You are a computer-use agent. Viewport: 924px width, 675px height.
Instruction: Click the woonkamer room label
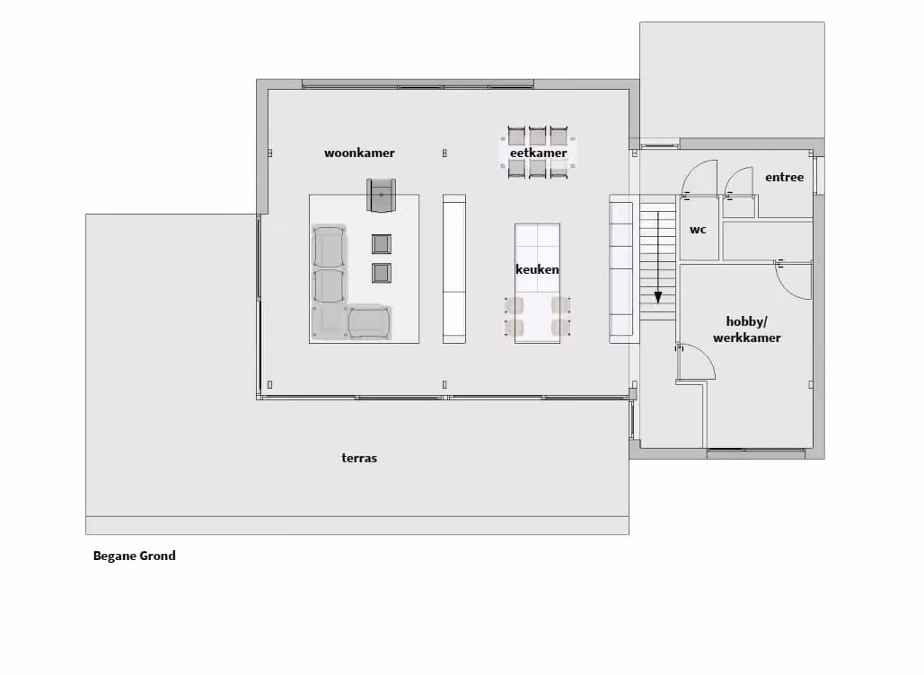coord(359,153)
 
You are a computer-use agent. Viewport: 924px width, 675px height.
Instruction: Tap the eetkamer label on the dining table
coord(538,153)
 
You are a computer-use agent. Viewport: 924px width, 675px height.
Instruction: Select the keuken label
coord(537,270)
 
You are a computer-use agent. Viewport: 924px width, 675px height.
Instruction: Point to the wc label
coord(698,230)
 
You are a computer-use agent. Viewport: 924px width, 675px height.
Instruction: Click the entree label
coord(784,178)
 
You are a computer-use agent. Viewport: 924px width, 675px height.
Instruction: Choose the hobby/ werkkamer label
coord(746,329)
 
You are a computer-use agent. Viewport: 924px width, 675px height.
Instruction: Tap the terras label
coord(359,458)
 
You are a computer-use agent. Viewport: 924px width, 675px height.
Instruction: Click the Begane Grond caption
coord(135,556)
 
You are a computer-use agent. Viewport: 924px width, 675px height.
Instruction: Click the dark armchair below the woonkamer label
coord(382,195)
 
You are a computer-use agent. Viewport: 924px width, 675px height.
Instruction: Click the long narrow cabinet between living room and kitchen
coord(454,268)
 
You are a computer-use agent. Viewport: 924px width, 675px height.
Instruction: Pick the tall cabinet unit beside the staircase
coord(621,268)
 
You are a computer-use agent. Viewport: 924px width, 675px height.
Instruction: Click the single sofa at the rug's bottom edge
coord(369,322)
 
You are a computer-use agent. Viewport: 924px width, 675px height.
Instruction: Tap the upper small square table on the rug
coord(382,244)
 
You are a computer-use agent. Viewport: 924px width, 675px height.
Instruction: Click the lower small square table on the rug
coord(382,273)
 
